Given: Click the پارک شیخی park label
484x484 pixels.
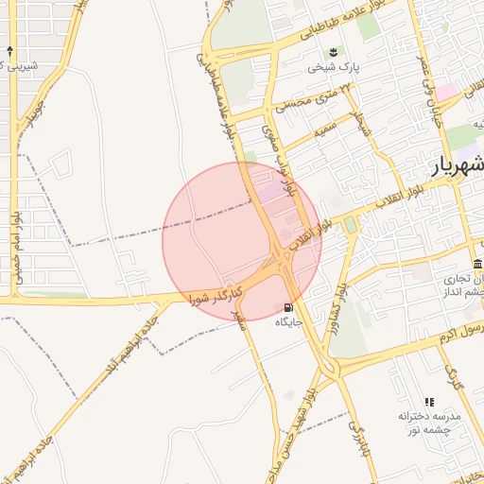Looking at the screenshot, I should coord(332,68).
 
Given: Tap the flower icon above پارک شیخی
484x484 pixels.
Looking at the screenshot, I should coord(332,53).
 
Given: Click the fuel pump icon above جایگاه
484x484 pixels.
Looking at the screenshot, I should coord(287,307).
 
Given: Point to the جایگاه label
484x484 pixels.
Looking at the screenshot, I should coord(287,322).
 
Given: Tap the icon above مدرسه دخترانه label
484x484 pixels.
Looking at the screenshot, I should coord(429,402).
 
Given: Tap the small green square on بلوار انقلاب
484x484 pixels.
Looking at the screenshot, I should coord(351,224).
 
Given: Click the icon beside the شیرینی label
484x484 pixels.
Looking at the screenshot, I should coord(10,50).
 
